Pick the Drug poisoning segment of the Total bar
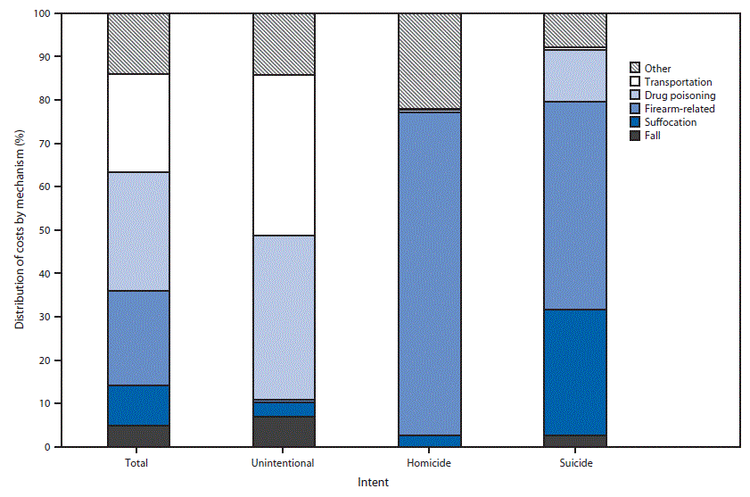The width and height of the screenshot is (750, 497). pyautogui.click(x=138, y=231)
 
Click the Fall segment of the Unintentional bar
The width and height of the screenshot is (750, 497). pyautogui.click(x=284, y=431)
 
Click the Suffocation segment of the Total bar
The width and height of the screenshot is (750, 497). pyautogui.click(x=138, y=405)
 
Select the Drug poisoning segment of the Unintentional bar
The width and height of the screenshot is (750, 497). pyautogui.click(x=284, y=317)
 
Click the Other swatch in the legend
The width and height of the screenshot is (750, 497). pyautogui.click(x=635, y=69)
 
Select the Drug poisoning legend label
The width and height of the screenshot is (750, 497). pyautogui.click(x=680, y=95)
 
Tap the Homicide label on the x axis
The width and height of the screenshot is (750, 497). pyautogui.click(x=429, y=464)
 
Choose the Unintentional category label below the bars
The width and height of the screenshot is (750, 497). pyautogui.click(x=284, y=464)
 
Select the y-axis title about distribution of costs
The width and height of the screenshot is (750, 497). pyautogui.click(x=19, y=230)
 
